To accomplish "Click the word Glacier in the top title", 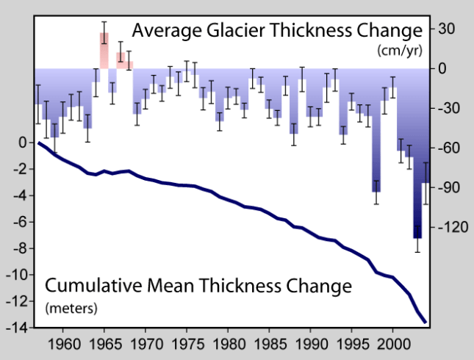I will [x=229, y=31].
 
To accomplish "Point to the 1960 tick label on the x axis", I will [x=63, y=342].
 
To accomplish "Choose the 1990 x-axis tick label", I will [x=312, y=342].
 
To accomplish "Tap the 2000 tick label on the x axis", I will [x=394, y=342].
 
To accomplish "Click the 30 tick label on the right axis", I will [x=446, y=29].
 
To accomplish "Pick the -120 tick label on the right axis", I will [x=449, y=228].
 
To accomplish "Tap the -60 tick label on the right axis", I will [x=447, y=148].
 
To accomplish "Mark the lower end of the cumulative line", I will [x=425, y=321].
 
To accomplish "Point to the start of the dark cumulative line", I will [x=38, y=143].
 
